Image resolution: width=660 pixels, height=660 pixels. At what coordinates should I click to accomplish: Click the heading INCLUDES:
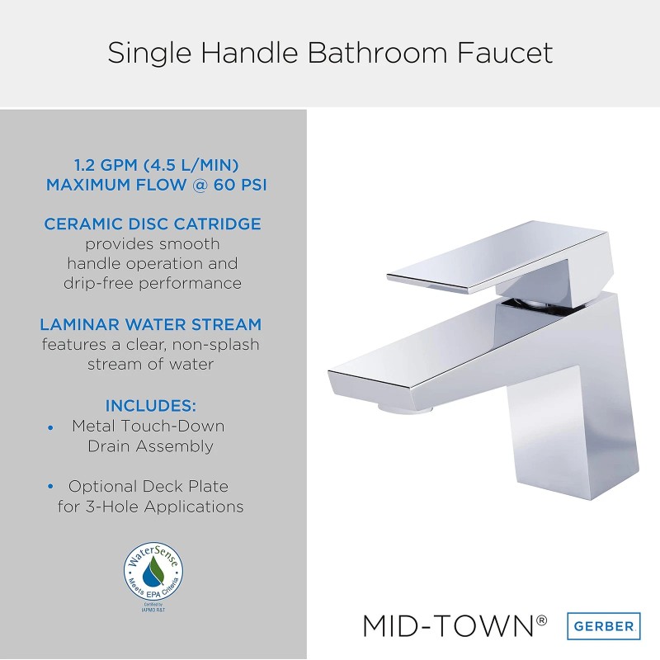pyautogui.click(x=152, y=406)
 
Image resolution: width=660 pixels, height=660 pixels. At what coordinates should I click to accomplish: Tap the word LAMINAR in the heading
pyautogui.click(x=81, y=324)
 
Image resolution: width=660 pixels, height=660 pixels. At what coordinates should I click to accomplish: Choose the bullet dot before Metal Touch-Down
pyautogui.click(x=51, y=427)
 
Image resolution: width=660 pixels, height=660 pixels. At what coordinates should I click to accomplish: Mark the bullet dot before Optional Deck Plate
pyautogui.click(x=51, y=488)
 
